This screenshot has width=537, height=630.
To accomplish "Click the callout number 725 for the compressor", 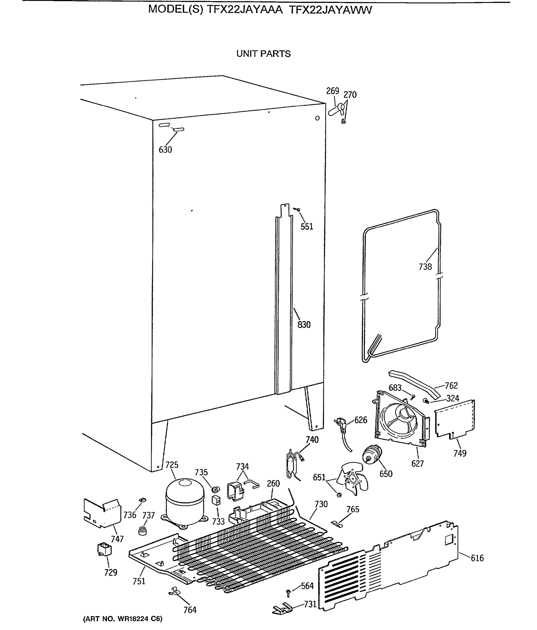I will [x=171, y=465].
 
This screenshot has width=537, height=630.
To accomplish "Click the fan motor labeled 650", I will [x=372, y=455].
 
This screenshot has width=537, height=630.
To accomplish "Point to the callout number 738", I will [x=425, y=267].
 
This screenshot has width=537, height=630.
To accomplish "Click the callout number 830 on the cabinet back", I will [x=304, y=325].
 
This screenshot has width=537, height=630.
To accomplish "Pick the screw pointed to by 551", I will [x=298, y=209].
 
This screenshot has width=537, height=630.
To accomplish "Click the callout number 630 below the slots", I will [x=165, y=150].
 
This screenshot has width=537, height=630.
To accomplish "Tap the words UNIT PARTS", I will [x=263, y=54].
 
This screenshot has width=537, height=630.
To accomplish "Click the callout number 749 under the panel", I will [x=460, y=453].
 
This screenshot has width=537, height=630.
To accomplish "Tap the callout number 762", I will [x=451, y=386].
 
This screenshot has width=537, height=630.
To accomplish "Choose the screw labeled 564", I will [x=288, y=592].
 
